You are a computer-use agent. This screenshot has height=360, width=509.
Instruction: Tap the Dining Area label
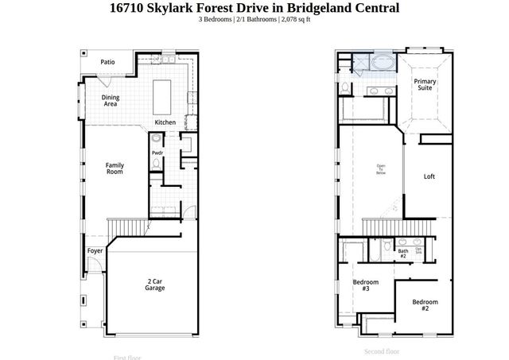111,100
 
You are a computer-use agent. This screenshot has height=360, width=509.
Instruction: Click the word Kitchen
165,122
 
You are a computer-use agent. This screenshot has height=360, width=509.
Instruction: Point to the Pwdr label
157,153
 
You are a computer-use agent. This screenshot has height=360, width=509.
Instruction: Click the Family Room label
115,168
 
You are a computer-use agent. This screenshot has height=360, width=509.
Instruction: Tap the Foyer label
95,250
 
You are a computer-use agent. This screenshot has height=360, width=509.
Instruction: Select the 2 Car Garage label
155,285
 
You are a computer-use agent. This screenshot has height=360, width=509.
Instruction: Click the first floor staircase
123,227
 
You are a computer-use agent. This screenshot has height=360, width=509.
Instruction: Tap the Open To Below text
381,169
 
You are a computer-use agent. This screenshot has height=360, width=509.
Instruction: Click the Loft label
429,176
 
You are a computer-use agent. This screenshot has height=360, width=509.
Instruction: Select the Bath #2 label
402,254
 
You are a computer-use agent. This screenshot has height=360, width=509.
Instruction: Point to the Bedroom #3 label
366,285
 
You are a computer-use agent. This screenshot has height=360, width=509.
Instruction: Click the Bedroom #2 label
425,305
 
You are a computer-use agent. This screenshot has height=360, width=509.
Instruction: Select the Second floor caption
382,351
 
